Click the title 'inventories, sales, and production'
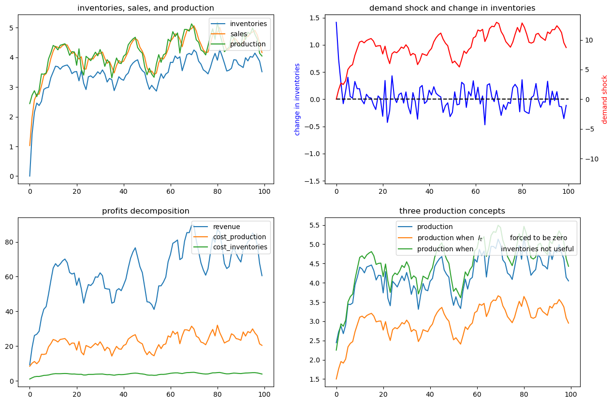146,8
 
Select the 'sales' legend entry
239,34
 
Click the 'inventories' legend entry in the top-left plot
248,24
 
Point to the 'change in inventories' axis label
297,100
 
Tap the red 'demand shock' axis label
604,100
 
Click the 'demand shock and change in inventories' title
452,8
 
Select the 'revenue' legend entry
226,227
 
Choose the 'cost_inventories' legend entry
240,247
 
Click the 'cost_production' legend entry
239,237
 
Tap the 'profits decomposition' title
146,211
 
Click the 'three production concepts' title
452,211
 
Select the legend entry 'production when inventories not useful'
496,249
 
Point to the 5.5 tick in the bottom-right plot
314,226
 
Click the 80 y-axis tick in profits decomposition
9,243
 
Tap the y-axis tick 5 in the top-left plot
12,28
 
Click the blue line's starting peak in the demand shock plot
336,22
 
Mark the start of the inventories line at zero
30,176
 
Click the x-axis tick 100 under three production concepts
569,394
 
